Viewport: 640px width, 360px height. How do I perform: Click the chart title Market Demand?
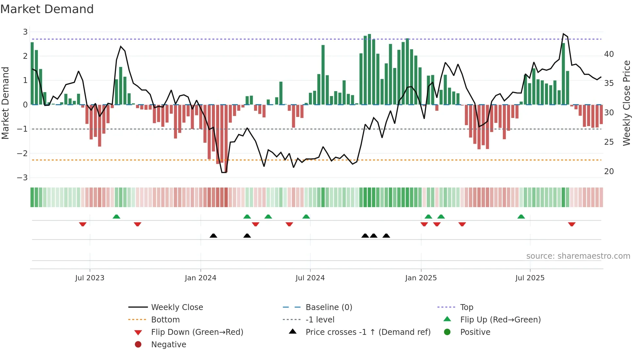click(47, 9)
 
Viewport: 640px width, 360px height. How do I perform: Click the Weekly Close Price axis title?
click(626, 103)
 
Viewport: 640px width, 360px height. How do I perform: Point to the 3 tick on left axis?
click(25, 32)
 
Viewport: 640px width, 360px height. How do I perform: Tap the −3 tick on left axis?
click(23, 178)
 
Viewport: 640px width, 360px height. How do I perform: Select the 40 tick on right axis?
click(609, 54)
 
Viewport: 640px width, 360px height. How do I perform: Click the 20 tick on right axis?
click(609, 172)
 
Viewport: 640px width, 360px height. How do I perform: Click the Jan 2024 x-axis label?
click(200, 278)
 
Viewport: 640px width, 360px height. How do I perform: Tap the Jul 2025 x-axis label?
click(530, 278)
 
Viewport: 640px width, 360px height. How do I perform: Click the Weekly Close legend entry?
click(177, 307)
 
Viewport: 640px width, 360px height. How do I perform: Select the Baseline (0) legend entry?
click(328, 307)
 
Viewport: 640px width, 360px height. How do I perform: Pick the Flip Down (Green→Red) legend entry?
click(197, 332)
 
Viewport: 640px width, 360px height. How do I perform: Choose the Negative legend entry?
click(168, 345)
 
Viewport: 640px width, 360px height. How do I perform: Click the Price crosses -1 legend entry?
click(368, 332)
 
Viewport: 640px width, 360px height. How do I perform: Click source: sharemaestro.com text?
click(578, 256)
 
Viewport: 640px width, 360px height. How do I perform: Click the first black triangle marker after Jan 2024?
click(213, 236)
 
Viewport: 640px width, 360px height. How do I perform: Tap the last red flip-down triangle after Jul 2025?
click(571, 224)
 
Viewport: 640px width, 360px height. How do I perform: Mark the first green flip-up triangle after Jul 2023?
click(116, 217)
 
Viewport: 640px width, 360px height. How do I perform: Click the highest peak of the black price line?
click(563, 34)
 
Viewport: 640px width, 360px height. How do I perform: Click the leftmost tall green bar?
click(32, 74)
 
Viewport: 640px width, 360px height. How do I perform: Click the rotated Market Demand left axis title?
click(5, 103)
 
